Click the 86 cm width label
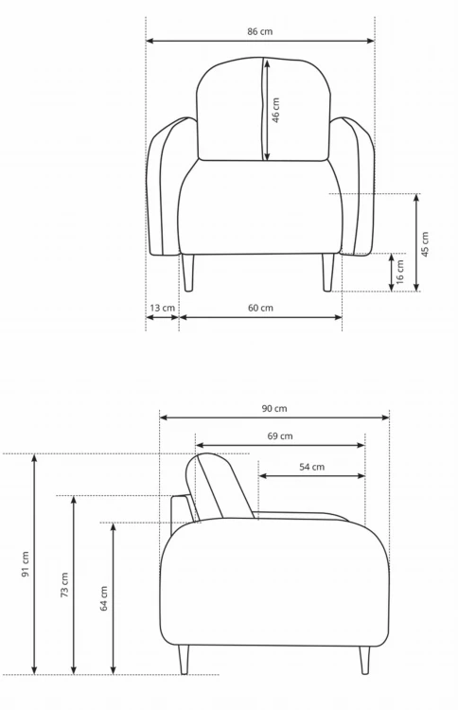click(260, 31)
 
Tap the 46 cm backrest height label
click(275, 110)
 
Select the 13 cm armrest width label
click(162, 308)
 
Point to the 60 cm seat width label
click(260, 308)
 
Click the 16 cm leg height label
click(400, 272)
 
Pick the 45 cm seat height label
click(425, 244)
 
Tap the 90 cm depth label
click(273, 408)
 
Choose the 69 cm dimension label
click(280, 436)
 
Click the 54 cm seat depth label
click(311, 467)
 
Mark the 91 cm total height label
click(26, 564)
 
